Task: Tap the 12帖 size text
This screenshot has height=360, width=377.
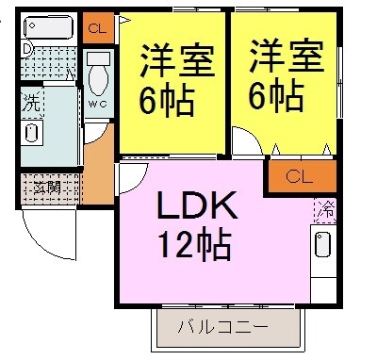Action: [195, 245]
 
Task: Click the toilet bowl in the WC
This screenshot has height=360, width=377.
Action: [98, 74]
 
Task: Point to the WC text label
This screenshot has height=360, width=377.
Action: [98, 105]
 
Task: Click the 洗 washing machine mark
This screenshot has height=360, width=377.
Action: [32, 101]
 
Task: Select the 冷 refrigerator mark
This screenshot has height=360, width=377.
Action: [327, 206]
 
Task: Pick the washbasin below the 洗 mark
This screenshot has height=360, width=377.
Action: [32, 130]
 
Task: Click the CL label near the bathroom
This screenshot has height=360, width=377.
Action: [96, 28]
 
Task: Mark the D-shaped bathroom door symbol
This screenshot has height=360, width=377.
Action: [27, 49]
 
